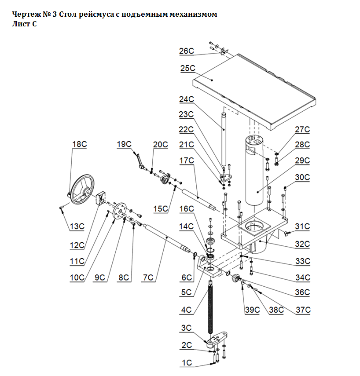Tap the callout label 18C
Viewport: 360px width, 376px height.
pyautogui.click(x=79, y=144)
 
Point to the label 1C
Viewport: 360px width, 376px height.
pyautogui.click(x=187, y=363)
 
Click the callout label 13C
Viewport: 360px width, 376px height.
pyautogui.click(x=77, y=226)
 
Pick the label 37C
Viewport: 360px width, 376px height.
pyautogui.click(x=303, y=310)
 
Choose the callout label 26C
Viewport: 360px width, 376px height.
pyautogui.click(x=186, y=51)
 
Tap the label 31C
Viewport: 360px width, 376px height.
pyautogui.click(x=302, y=226)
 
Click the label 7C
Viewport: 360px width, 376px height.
pyautogui.click(x=148, y=277)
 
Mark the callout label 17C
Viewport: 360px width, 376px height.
pyautogui.click(x=187, y=161)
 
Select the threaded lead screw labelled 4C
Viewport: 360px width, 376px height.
pyautogui.click(x=211, y=308)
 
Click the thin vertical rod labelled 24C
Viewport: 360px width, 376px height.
pyautogui.click(x=224, y=141)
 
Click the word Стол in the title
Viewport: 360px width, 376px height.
pyautogui.click(x=69, y=15)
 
